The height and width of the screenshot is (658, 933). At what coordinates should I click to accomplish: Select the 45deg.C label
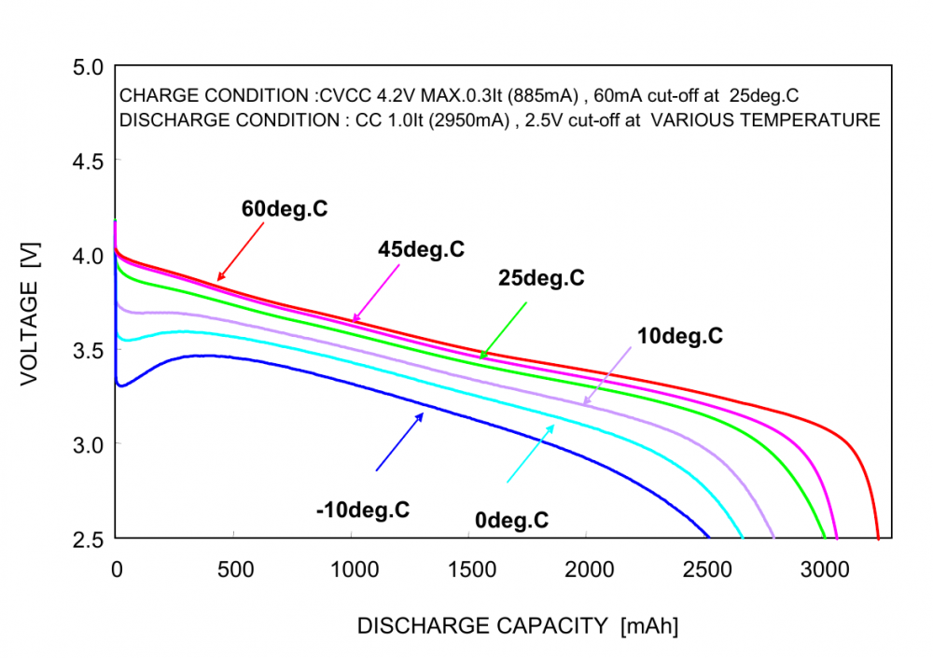[x=421, y=249]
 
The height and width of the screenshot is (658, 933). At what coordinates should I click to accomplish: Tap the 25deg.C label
[x=540, y=278]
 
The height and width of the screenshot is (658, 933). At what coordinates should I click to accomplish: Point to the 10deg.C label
[x=680, y=336]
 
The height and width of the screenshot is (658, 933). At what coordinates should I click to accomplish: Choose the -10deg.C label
[x=363, y=510]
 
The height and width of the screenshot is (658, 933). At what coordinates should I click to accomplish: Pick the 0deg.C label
[x=511, y=521]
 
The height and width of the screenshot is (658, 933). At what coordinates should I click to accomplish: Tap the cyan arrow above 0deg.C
[x=530, y=454]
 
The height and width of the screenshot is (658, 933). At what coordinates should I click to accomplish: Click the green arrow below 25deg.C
[x=504, y=329]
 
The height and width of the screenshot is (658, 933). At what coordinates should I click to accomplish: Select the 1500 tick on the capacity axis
[x=469, y=570]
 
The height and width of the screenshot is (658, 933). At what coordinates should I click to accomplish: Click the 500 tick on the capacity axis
[x=233, y=570]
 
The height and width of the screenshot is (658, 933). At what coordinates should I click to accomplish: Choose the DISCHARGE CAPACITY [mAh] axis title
[x=518, y=626]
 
